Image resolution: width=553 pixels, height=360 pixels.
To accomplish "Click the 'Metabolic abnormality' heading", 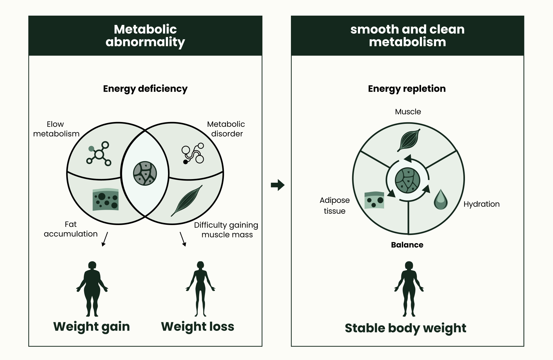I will (145, 35).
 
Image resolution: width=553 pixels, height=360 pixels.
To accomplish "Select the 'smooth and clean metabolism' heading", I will (407, 35).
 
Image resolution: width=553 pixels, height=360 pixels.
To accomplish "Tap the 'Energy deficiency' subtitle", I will (145, 89).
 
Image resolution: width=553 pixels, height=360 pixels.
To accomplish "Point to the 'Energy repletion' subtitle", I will (407, 89).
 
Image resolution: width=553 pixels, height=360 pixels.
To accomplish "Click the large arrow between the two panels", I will (277, 185).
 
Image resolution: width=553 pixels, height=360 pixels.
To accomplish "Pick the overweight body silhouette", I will (92, 288).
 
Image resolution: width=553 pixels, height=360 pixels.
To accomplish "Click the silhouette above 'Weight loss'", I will (200, 288).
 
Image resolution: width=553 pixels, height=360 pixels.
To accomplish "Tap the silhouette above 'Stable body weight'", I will (409, 288).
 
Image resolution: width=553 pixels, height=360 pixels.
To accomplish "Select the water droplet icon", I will (441, 200).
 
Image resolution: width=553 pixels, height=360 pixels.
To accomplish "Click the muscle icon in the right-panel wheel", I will (409, 140).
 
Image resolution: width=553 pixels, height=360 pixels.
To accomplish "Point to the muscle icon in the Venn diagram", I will (187, 200).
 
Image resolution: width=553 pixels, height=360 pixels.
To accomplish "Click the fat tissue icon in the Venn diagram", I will (105, 200).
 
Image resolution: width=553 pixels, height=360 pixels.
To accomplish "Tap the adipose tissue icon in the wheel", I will (374, 200).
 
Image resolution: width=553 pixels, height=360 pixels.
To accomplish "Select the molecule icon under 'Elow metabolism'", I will (99, 154).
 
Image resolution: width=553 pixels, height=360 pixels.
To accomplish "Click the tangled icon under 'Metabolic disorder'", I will (193, 154).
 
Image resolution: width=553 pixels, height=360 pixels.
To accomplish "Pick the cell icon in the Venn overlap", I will (145, 173).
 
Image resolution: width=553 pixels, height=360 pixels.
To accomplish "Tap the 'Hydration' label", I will (481, 204).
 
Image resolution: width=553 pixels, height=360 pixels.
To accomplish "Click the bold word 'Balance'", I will (407, 245).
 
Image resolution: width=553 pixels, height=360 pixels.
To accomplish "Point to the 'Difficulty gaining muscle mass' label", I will (226, 230).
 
